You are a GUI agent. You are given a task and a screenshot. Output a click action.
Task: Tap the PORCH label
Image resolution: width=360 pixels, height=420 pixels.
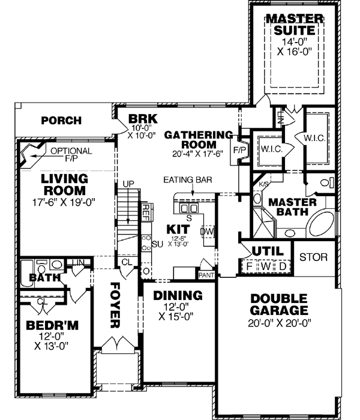click(x=61, y=121)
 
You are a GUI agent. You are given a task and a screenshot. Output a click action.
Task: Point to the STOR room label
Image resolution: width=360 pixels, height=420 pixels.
click(x=313, y=257)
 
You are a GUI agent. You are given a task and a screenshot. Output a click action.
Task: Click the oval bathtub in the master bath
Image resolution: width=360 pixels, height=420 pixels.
click(x=322, y=225)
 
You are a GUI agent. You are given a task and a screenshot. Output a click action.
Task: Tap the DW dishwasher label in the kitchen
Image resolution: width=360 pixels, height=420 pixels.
click(x=208, y=230)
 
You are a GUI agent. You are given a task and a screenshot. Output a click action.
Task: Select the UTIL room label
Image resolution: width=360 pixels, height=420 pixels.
click(x=265, y=251)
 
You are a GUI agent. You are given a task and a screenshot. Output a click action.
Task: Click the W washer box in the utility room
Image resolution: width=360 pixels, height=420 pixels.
click(x=265, y=265)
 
